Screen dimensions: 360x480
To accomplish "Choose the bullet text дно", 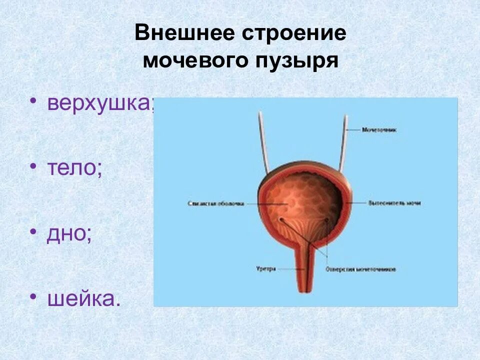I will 69,233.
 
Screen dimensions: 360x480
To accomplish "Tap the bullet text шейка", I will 84,298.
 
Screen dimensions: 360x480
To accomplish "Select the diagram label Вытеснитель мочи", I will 394,203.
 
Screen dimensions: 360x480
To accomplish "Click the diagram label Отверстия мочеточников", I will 360,269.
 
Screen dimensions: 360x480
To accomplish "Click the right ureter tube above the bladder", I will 343,142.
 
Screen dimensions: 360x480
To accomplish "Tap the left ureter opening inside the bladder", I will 281,219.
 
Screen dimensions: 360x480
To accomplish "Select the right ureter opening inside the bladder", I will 326,219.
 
